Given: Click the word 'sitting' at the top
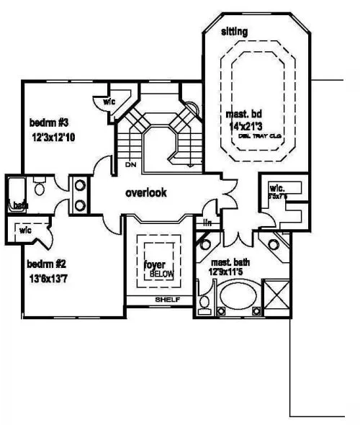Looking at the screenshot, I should coord(234,31).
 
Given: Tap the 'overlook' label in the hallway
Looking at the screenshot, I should coord(146,193).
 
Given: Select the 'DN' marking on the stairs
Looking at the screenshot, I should coord(130,165).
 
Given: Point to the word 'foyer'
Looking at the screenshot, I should coord(154,264).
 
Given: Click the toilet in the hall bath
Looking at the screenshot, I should coord(41,189).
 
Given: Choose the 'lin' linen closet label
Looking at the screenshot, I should coord(207,223).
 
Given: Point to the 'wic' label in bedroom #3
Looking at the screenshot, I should coord(109,102).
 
